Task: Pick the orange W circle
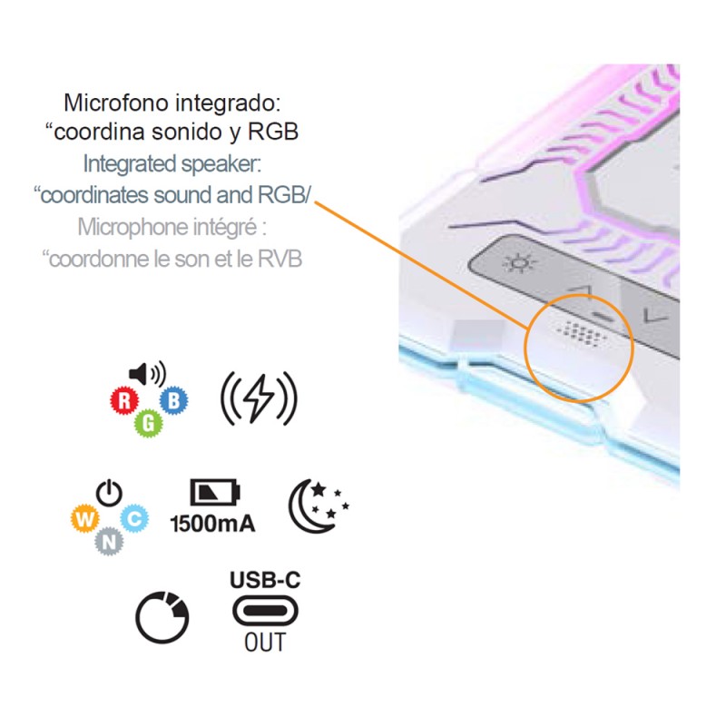point(82,518)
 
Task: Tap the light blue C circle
point(134,518)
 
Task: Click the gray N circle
point(108,542)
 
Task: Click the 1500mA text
point(213,523)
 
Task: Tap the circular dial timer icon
point(163,618)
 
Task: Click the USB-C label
point(265,579)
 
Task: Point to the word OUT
point(265,643)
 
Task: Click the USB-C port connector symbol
point(265,611)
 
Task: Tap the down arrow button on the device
point(651,316)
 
